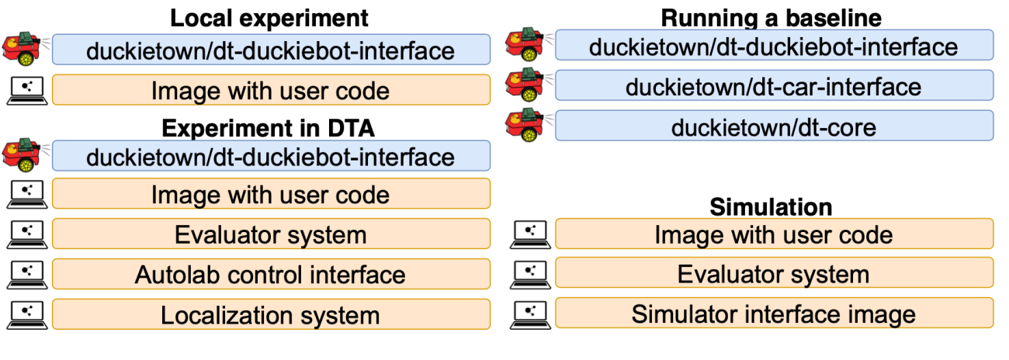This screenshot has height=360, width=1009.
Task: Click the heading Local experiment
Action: click(x=269, y=18)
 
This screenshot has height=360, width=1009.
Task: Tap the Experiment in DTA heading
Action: click(x=269, y=127)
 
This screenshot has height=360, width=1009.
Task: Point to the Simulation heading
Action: click(x=771, y=207)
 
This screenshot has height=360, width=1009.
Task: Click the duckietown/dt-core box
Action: click(x=774, y=126)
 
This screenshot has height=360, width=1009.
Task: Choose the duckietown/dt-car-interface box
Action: click(x=774, y=85)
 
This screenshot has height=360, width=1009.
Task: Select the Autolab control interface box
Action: click(x=271, y=274)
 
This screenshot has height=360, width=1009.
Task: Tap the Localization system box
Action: click(x=271, y=314)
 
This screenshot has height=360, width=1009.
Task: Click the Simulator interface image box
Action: click(x=774, y=313)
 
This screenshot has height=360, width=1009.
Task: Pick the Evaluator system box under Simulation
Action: click(x=774, y=274)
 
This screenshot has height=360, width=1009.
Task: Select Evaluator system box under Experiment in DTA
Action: click(x=271, y=234)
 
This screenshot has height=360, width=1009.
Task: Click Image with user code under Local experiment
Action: click(x=271, y=90)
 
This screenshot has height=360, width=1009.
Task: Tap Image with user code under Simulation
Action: click(x=774, y=234)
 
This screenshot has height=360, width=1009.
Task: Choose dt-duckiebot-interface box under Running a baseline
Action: click(x=774, y=46)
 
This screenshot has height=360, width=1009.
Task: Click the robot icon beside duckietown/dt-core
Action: click(x=525, y=126)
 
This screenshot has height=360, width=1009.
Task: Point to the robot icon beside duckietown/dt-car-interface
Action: click(x=525, y=86)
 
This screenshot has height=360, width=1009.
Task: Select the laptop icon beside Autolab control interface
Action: click(x=27, y=273)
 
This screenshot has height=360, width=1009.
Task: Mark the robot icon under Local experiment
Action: click(x=23, y=49)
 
